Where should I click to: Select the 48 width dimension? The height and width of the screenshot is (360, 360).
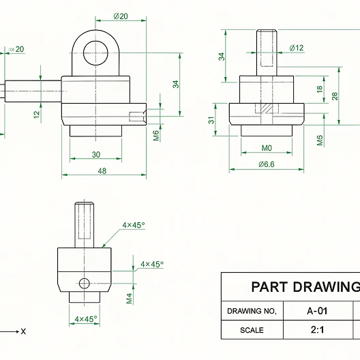(102, 170)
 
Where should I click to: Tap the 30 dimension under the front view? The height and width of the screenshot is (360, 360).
(95, 155)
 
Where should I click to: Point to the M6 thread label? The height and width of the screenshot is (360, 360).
(156, 135)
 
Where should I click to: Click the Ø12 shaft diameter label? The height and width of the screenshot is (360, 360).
(297, 48)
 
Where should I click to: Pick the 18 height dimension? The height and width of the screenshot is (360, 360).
(320, 89)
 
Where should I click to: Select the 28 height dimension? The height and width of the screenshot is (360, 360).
(335, 96)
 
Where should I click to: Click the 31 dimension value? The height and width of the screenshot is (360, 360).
(212, 121)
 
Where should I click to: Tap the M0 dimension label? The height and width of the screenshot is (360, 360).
(267, 148)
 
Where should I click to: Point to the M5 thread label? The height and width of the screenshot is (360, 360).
(320, 140)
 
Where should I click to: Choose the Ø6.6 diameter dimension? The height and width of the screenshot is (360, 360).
(267, 164)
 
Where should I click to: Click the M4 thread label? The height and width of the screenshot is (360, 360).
(129, 298)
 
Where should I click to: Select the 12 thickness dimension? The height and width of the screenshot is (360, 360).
(36, 115)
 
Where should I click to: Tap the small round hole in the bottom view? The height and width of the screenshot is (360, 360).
(84, 283)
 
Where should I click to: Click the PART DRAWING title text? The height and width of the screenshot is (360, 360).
(304, 287)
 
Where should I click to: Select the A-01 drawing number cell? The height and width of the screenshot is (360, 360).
(317, 311)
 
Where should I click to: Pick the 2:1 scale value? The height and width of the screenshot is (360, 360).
(317, 330)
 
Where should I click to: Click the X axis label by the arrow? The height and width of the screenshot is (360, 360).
(23, 331)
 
